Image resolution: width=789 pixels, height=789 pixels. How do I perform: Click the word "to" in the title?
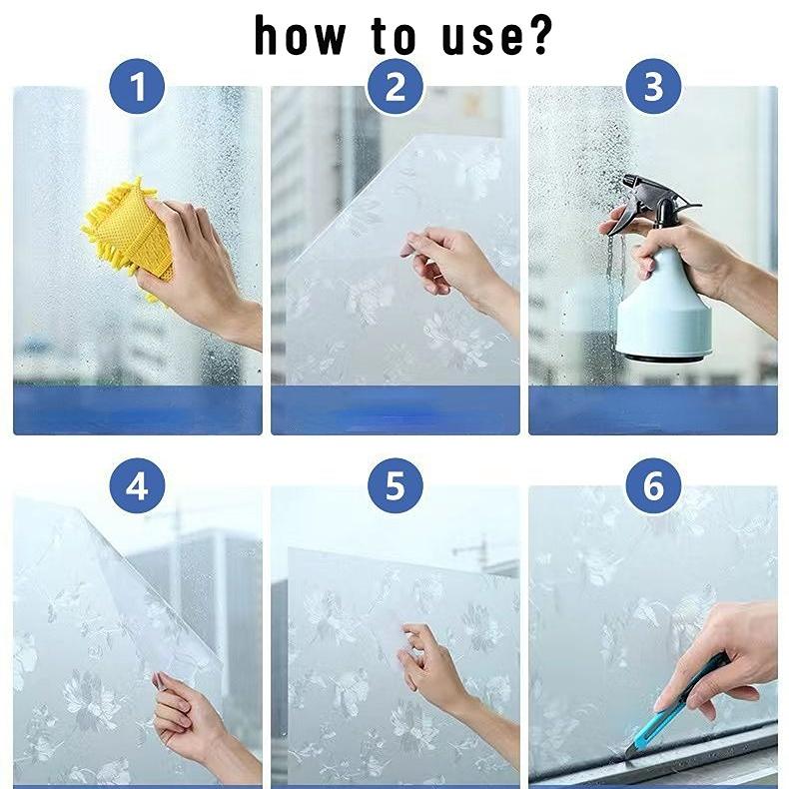pyautogui.click(x=395, y=35)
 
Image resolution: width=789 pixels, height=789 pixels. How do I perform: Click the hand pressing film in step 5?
pyautogui.click(x=439, y=669)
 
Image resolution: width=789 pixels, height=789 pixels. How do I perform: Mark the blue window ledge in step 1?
pyautogui.click(x=137, y=409)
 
